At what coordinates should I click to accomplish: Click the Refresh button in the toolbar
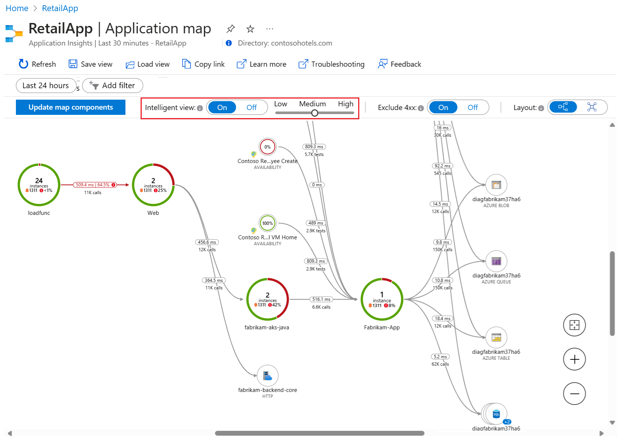pos(37,64)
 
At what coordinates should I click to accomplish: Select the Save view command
pos(91,64)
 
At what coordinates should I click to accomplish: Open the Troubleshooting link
pos(332,64)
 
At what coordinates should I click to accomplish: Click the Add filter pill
pos(113,86)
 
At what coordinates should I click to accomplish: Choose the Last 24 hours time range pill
pos(46,86)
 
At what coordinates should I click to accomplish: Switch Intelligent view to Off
pos(252,107)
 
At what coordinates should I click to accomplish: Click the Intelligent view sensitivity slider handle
pos(314,113)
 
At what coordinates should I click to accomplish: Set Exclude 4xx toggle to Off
pos(472,107)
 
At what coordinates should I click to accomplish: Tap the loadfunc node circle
pos(39,185)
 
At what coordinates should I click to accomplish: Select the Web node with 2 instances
pos(153,185)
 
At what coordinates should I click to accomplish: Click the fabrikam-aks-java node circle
pos(268,299)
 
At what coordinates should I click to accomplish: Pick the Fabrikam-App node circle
pos(382,299)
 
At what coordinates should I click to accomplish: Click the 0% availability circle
pos(268,147)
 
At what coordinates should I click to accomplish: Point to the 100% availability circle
pos(268,223)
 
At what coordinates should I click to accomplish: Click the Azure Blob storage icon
pos(496,185)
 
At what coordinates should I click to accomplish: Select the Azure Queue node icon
pos(496,261)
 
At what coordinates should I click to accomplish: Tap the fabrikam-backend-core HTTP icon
pos(268,376)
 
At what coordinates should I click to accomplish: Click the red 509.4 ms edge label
pos(92,185)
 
